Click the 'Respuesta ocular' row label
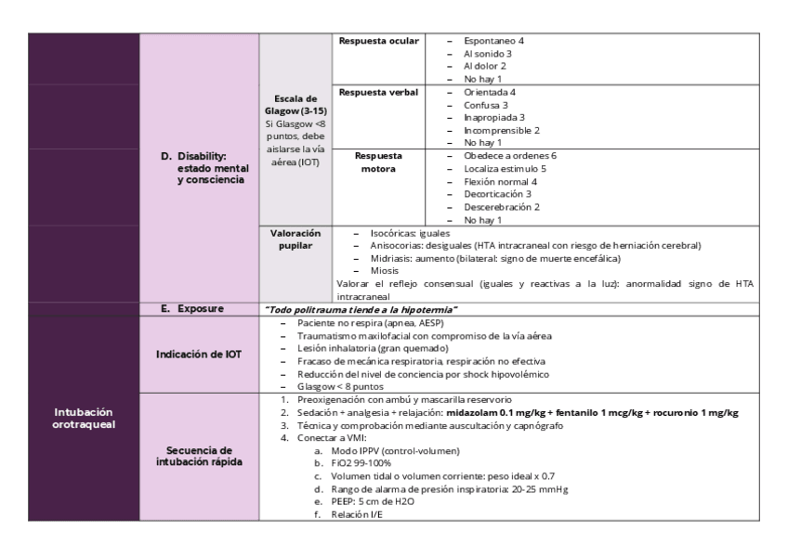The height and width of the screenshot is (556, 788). [x=378, y=41]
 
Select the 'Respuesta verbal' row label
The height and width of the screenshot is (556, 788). [x=378, y=93]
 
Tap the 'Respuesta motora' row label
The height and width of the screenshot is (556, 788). [x=378, y=162]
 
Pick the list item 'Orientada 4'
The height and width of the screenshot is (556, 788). [x=489, y=93]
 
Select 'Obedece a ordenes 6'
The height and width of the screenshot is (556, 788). [x=509, y=155]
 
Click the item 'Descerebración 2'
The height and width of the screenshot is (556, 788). [x=502, y=207]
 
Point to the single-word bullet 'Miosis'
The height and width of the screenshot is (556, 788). [x=385, y=271]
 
